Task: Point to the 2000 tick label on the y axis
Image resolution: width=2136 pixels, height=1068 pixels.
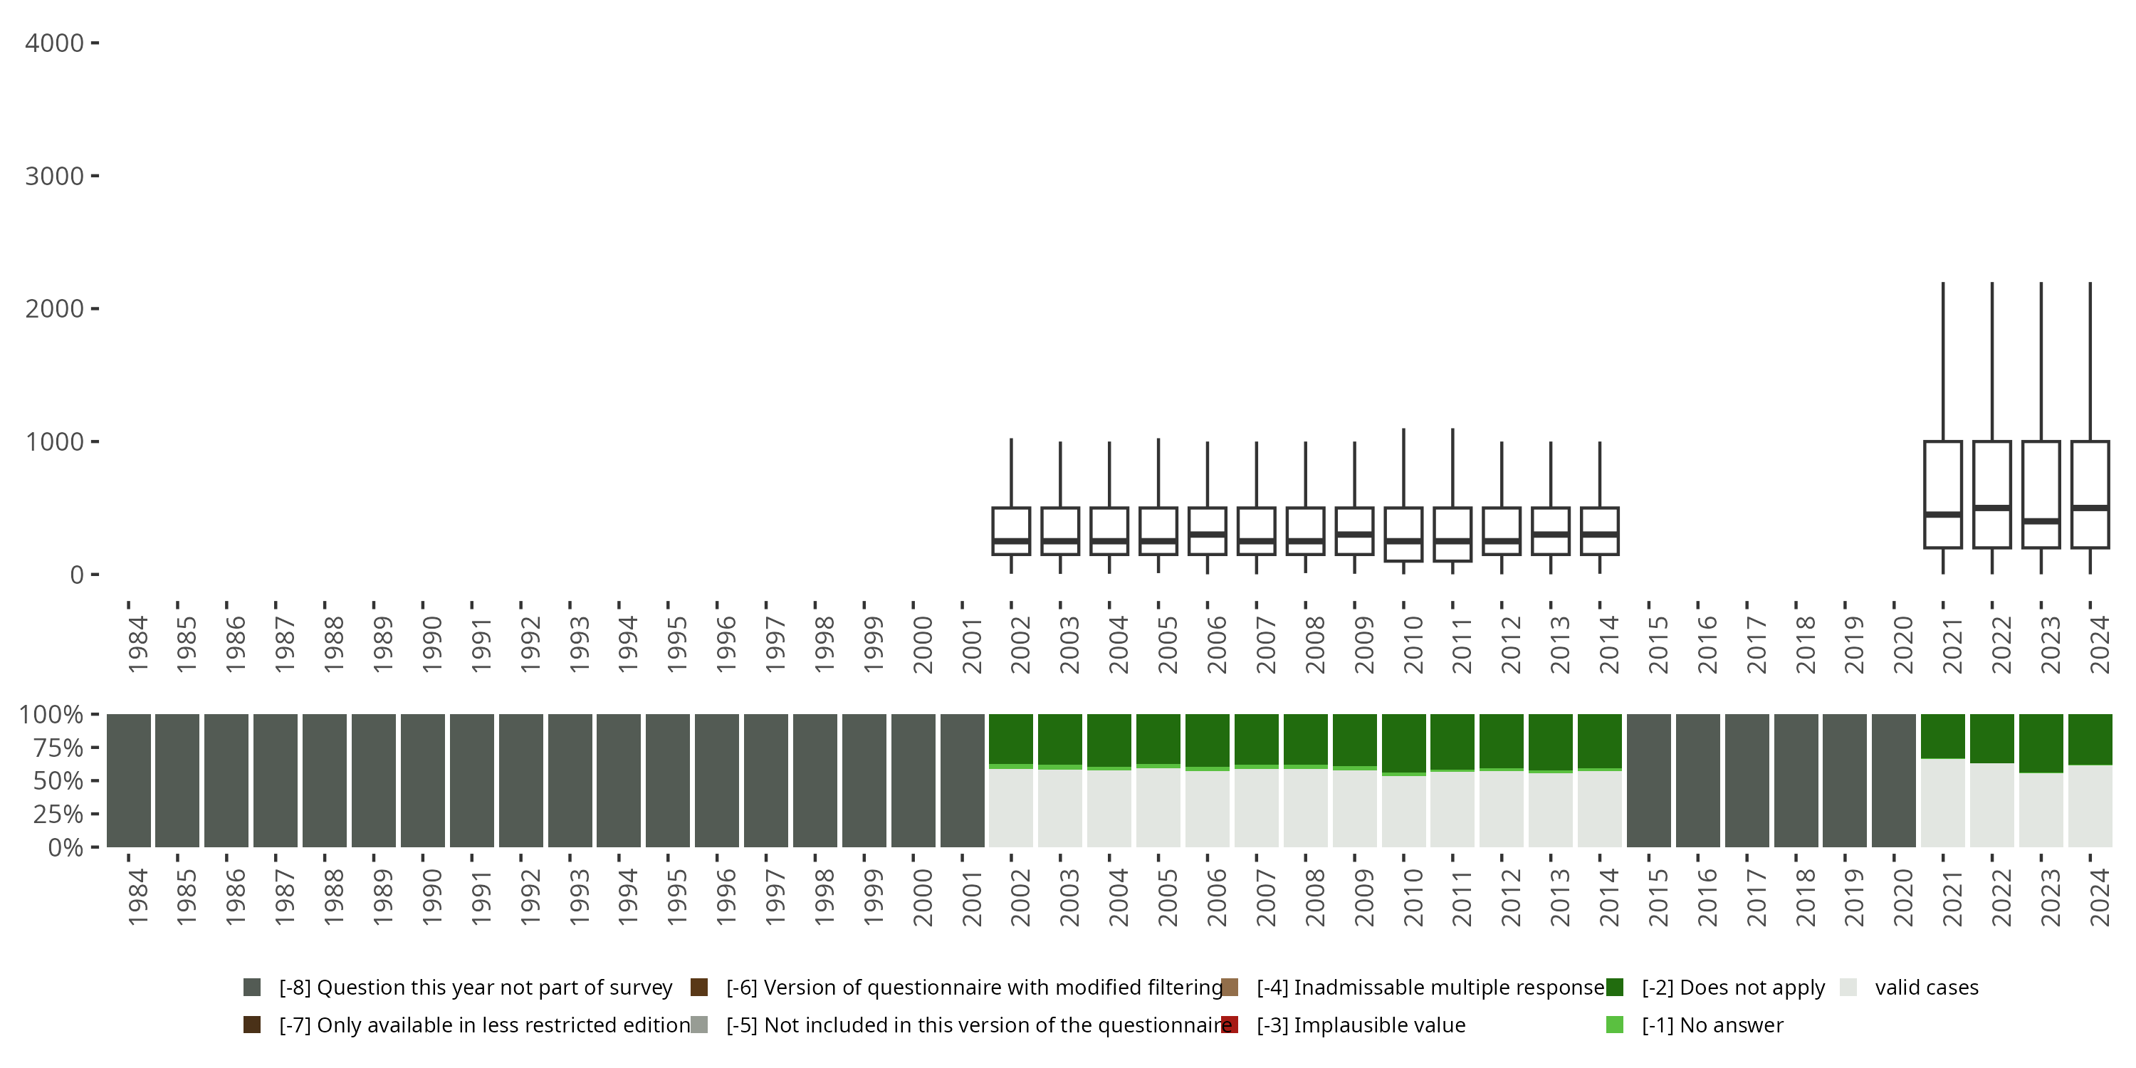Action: (54, 308)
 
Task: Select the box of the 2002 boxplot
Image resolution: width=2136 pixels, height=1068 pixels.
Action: (1011, 530)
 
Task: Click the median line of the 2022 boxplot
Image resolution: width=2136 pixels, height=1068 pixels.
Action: (1991, 508)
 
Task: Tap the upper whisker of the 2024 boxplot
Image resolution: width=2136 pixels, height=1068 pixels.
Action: (2090, 362)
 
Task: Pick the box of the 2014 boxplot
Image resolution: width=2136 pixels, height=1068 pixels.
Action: (1600, 530)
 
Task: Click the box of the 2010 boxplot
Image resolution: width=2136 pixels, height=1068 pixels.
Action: (1403, 534)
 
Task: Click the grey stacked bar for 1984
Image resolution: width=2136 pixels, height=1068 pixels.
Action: (129, 780)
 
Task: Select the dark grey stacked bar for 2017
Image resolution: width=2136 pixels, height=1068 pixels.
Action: (1747, 780)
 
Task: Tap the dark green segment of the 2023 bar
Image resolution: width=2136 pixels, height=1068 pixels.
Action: (2041, 743)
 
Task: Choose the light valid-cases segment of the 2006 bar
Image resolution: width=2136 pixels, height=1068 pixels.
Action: (1208, 808)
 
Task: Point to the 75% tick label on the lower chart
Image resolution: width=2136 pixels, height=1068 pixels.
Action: (58, 747)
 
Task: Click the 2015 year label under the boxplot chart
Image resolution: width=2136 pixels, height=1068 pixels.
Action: (1658, 644)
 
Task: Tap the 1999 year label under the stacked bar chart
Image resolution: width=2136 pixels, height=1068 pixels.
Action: (873, 897)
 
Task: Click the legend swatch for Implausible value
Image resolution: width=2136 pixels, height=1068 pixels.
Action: (1230, 1025)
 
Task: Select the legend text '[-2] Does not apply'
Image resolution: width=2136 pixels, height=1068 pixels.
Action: (1733, 988)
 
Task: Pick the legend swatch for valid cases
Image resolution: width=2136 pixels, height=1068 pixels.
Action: (1848, 988)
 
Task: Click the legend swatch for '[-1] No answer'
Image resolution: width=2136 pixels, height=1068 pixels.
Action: (1614, 1025)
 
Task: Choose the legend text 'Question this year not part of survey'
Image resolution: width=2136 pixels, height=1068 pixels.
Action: (494, 988)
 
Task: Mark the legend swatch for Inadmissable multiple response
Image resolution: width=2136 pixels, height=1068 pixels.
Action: (1230, 988)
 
